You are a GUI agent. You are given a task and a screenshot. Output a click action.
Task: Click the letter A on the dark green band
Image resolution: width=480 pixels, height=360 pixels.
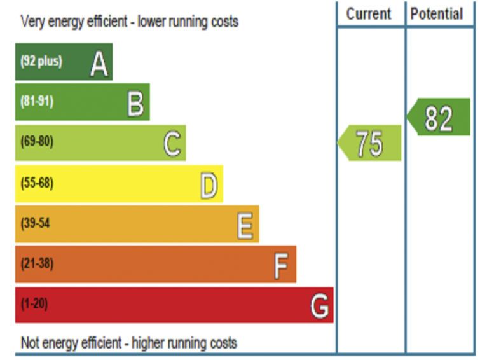tap(99, 63)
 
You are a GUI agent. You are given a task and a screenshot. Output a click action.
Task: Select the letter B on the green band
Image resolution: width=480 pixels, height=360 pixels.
tap(135, 103)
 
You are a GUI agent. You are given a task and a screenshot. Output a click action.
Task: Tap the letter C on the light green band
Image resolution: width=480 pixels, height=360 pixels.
tap(172, 143)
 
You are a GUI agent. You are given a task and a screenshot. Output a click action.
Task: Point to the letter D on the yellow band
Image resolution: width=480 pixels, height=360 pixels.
tap(209, 185)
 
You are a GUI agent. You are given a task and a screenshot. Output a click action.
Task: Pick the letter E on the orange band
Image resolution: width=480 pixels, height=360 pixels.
tap(245, 225)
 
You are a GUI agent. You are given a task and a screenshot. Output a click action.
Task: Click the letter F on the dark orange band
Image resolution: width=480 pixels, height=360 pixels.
tap(281, 266)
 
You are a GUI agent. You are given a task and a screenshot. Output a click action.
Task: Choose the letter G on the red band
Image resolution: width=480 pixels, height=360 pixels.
tap(320, 307)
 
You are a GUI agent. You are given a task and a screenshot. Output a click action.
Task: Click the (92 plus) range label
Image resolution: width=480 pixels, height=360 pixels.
tap(41, 62)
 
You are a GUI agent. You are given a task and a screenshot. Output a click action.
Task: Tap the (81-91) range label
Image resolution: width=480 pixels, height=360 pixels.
tap(37, 102)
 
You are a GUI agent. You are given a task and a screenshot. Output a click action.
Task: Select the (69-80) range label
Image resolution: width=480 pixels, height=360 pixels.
tap(37, 142)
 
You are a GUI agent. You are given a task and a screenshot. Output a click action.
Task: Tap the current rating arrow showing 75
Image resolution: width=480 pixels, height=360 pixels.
tap(369, 143)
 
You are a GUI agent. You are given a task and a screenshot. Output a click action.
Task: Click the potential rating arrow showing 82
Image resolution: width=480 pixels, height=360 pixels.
tap(438, 118)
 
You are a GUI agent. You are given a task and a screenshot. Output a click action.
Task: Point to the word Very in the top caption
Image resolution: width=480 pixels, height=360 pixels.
tap(31, 22)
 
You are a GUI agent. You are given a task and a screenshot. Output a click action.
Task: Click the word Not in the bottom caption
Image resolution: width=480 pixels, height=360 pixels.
tap(30, 343)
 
